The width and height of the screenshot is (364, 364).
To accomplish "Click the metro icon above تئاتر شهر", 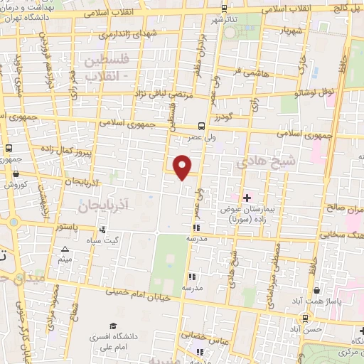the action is click(225, 9).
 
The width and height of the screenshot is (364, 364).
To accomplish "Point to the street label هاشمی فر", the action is click(246, 71).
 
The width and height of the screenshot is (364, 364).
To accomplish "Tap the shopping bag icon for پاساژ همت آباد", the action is click(316, 290).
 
